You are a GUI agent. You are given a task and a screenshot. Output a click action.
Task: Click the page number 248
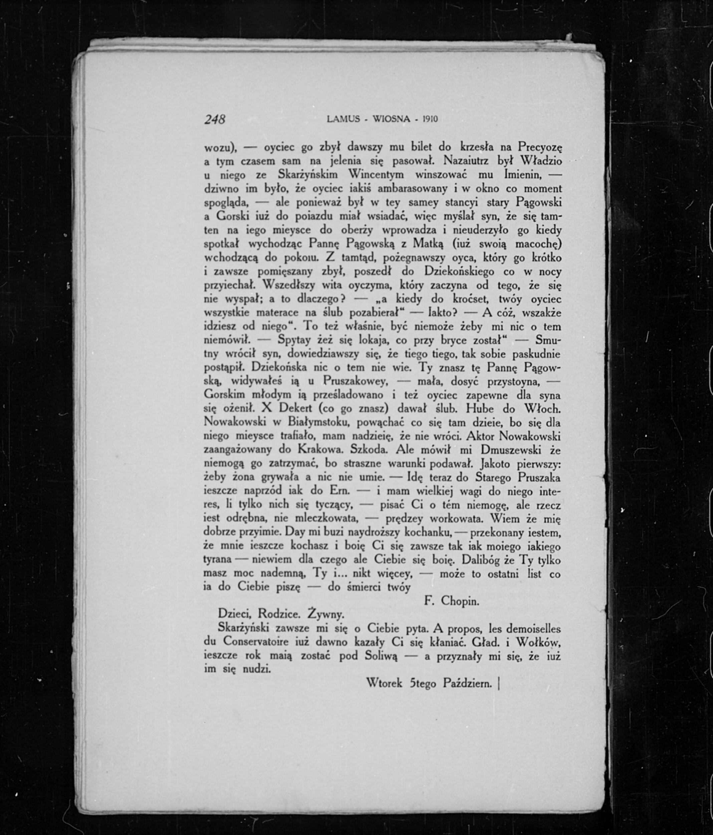tap(215, 119)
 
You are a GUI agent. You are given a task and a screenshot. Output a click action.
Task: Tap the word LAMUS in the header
tap(343, 119)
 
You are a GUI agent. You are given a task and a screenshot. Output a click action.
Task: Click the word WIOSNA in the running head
tap(392, 119)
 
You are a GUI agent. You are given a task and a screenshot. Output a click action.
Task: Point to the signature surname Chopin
tap(460, 601)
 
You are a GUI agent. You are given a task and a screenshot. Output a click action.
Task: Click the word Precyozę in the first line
tap(539, 147)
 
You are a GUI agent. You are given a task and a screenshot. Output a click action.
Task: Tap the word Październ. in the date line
tap(468, 683)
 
